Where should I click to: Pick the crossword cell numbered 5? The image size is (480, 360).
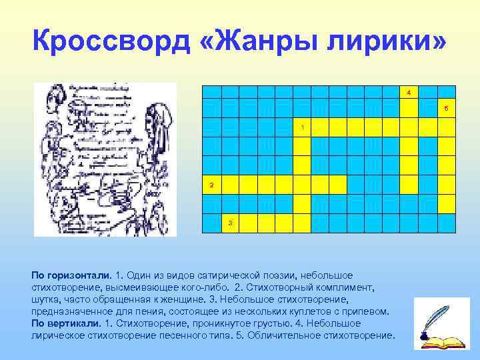pos(446,109)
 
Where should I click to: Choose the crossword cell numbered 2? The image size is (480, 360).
pos(211,185)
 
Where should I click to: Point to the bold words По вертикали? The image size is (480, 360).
pos(67,323)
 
